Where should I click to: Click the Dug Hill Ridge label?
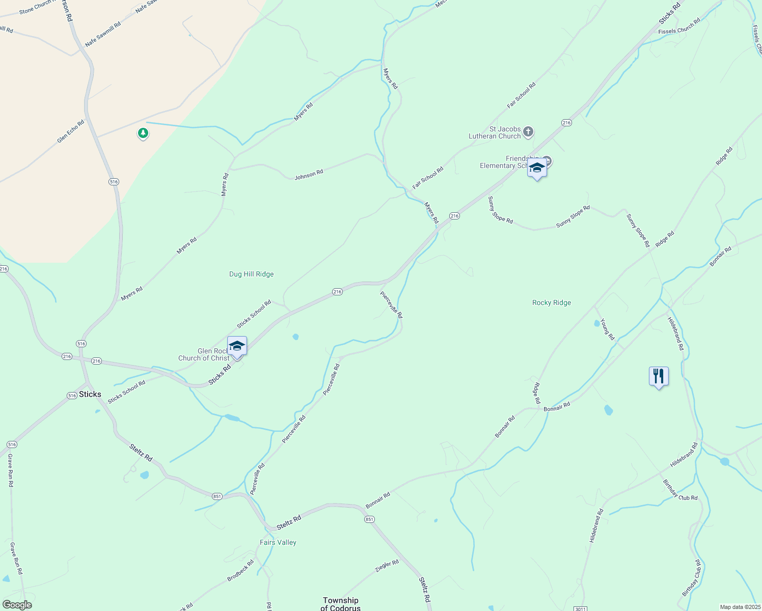pos(251,274)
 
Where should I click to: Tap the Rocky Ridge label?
pos(551,302)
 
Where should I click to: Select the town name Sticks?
pos(90,394)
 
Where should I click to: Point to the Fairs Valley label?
pos(278,542)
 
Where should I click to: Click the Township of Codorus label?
pos(340,604)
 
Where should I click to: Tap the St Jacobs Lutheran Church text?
pos(495,132)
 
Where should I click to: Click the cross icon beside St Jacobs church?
pos(528,132)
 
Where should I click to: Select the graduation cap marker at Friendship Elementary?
pos(537,168)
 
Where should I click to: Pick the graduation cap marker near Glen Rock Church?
pos(237,346)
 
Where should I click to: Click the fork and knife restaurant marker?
pos(659,376)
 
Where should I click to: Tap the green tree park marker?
pos(143,133)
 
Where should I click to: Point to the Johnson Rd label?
pos(309,175)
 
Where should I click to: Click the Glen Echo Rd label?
pos(71,131)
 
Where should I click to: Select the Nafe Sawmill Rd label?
pos(103,34)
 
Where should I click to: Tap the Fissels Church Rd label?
pos(679,27)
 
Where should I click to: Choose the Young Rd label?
pos(607,329)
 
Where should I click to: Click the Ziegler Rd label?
pos(387,566)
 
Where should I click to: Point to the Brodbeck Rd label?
pos(240,571)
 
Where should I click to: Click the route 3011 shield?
pos(580,609)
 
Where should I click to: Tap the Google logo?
pos(17,604)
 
